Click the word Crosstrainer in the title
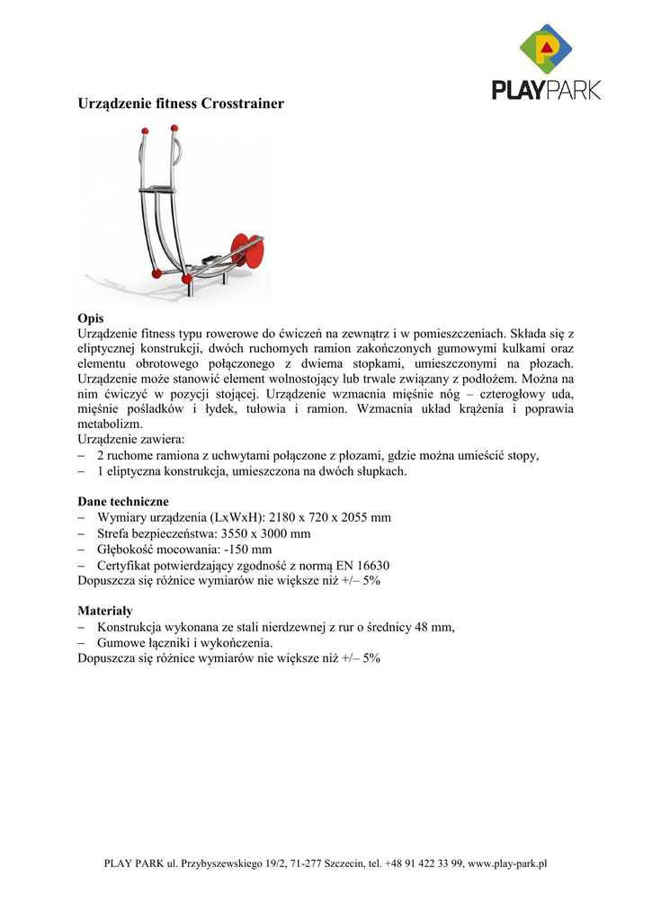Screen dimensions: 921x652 coord(243,104)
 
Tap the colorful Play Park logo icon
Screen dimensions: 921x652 coord(546,49)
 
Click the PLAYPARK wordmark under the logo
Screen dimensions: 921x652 coord(546,90)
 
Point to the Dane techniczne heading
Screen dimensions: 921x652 coord(123,501)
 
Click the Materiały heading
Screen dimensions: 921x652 coord(104,611)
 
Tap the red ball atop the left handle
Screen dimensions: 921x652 coord(143,131)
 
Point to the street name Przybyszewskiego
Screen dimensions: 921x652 coord(226,864)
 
